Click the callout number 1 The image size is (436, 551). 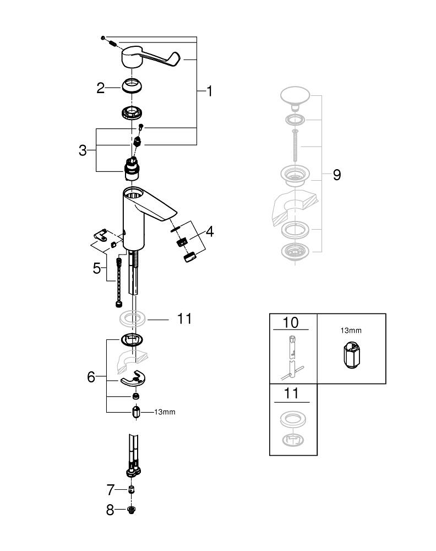pos(209,91)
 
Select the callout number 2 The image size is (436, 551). pos(100,88)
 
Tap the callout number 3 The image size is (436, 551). pos(83,150)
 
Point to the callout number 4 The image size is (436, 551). pos(209,231)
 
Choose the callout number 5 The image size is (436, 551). pos(97,268)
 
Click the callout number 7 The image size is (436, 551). pos(110,489)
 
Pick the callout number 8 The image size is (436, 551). pos(110,510)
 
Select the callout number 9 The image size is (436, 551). pos(336,175)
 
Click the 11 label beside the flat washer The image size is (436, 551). pos(184,318)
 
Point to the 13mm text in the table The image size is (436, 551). pos(351,331)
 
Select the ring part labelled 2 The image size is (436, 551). pos(132,87)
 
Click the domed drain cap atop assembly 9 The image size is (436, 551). pos(296,98)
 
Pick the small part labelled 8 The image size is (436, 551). pos(132,510)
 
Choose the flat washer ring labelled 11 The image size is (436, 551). pos(132,318)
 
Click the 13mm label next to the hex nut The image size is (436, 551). pos(165,412)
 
